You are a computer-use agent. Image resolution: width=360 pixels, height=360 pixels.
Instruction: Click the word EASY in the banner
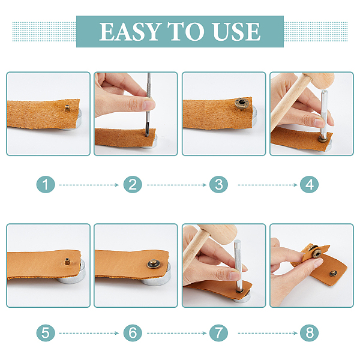[129, 32]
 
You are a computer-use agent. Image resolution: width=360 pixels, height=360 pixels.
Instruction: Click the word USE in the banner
[237, 32]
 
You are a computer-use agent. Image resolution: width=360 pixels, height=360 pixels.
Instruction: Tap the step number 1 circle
[46, 185]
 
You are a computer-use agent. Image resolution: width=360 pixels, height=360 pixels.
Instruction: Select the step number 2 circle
[133, 185]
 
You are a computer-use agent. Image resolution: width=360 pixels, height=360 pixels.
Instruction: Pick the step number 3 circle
[218, 185]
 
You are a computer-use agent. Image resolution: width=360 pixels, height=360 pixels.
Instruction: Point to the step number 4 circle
[309, 185]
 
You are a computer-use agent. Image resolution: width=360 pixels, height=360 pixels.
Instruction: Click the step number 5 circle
[46, 333]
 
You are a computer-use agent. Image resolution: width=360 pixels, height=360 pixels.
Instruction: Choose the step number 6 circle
[133, 333]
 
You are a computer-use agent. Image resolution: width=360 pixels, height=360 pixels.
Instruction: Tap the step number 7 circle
[218, 333]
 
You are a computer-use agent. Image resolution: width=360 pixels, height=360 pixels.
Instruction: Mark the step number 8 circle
[309, 333]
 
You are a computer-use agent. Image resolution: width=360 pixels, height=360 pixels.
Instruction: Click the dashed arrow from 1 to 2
[89, 185]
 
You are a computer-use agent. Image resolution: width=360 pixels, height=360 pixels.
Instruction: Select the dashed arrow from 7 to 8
[268, 333]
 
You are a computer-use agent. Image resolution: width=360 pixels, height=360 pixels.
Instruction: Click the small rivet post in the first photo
[67, 108]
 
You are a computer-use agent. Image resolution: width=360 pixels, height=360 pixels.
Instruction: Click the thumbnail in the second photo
[149, 104]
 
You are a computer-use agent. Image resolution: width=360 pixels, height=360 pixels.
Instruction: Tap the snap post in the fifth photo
[67, 262]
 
